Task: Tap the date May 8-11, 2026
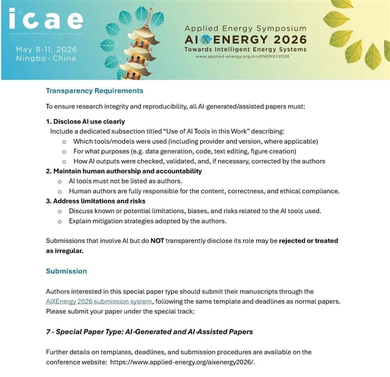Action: click(46, 49)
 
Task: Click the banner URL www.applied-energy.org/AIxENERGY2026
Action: click(242, 56)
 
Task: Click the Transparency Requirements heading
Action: click(95, 91)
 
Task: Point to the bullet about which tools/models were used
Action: click(195, 141)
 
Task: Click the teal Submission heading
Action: click(67, 271)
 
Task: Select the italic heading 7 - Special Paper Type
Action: click(149, 331)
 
